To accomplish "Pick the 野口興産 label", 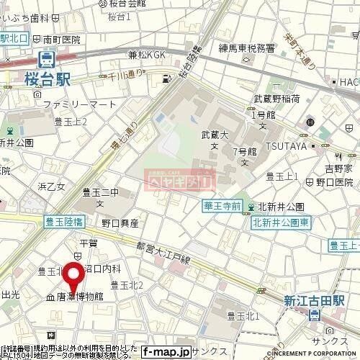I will pyautogui.click(x=120, y=223).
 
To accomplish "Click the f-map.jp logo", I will pyautogui.click(x=166, y=352).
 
